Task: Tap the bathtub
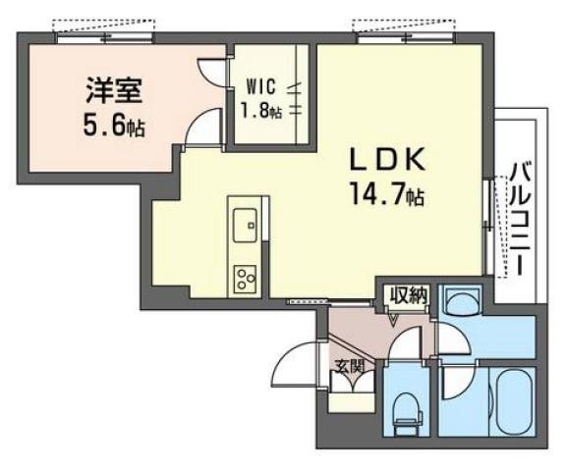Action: point(509,401)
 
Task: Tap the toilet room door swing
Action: point(402,349)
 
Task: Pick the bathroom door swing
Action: point(454,382)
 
